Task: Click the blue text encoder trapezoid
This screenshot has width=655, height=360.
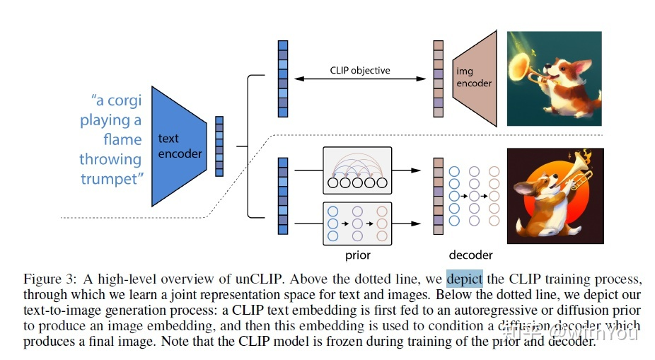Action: [179, 146]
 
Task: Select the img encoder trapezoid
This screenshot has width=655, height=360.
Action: [475, 78]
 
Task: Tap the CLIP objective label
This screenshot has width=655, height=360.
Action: [360, 70]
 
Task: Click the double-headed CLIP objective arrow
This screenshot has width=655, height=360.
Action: [360, 79]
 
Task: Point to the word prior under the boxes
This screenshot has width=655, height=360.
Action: [358, 255]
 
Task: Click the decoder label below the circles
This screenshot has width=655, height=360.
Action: [471, 255]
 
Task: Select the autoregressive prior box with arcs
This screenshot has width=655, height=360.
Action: [358, 170]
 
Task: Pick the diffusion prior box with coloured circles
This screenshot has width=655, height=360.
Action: [358, 223]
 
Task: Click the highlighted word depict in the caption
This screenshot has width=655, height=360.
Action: [465, 279]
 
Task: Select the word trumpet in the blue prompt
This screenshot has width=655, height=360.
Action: [112, 179]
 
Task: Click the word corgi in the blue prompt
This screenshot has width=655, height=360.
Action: [124, 100]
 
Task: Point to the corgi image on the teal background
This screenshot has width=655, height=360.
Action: [555, 79]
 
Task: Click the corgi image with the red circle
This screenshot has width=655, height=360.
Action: [555, 196]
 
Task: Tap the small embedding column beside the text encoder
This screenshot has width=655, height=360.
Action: [219, 146]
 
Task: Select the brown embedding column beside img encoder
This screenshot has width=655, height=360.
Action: [438, 79]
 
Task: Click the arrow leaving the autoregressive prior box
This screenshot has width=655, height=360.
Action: [407, 170]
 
